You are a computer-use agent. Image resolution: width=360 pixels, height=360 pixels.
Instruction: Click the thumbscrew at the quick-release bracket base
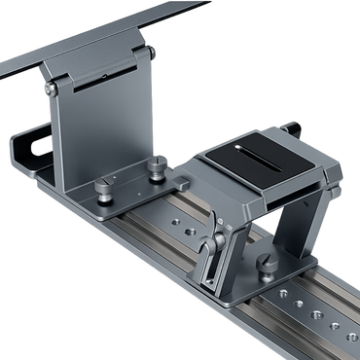click(x=265, y=264)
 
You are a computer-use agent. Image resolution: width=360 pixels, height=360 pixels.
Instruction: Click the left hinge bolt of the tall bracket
click(x=51, y=89)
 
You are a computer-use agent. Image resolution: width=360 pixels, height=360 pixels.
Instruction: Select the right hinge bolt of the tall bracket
click(x=150, y=53)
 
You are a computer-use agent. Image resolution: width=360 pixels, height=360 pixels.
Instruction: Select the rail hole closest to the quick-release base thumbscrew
click(x=283, y=292)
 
